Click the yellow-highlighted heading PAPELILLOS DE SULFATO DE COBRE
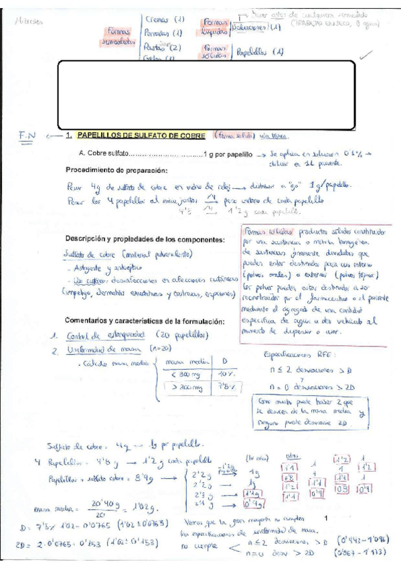136,135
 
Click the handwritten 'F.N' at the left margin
27,136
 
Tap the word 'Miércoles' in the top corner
27,21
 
